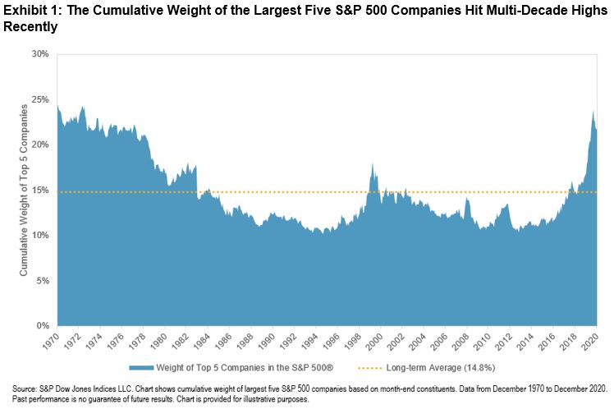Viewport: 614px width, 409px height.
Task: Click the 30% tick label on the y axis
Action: coord(40,54)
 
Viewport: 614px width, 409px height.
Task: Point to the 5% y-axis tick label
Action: coord(43,280)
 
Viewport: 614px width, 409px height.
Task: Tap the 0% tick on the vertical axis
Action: coord(43,326)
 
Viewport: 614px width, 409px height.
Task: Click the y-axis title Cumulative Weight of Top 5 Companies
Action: coord(25,190)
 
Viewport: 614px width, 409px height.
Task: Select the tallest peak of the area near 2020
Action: coord(593,111)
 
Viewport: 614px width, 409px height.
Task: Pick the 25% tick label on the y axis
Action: coord(40,99)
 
